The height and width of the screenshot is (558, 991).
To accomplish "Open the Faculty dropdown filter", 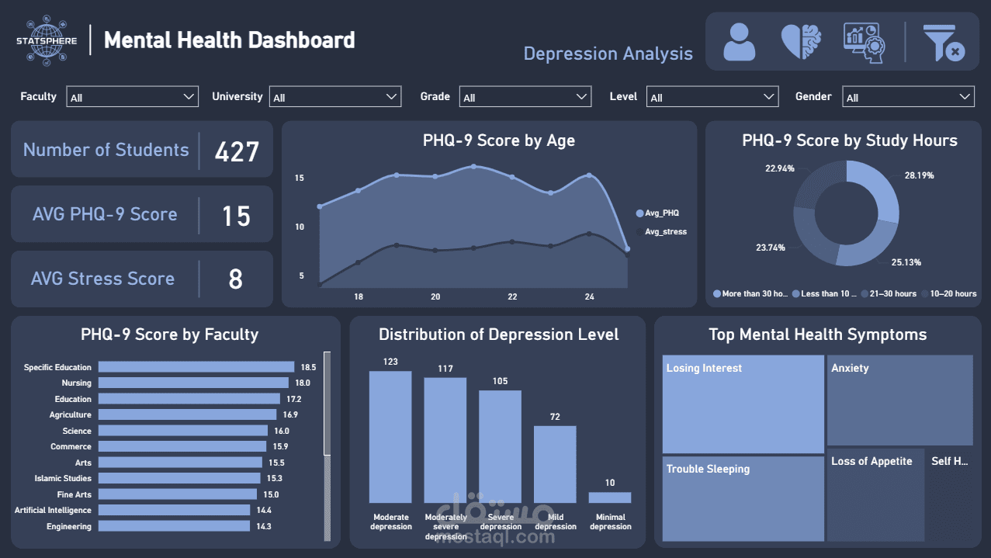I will click(x=132, y=97).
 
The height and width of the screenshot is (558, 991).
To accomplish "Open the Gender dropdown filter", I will click(x=908, y=97).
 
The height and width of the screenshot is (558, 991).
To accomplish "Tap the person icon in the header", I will click(x=739, y=42).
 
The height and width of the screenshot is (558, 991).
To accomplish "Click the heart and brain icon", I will click(x=801, y=42).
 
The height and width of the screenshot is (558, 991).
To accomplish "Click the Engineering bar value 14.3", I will click(x=264, y=526).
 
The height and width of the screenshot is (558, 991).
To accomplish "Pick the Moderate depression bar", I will click(x=390, y=437).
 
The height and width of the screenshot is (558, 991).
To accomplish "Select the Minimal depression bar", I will click(x=610, y=497).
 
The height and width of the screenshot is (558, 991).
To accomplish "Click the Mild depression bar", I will click(x=555, y=464).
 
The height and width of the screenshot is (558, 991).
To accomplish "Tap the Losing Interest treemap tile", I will click(x=743, y=404).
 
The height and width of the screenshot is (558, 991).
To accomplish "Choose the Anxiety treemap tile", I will click(x=899, y=400).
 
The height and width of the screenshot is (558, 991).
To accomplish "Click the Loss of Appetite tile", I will click(x=875, y=494).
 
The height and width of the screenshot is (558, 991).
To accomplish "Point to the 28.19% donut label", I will click(x=919, y=175).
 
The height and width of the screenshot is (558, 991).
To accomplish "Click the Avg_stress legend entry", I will click(x=665, y=231).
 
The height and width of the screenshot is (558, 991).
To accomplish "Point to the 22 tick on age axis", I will click(x=512, y=297).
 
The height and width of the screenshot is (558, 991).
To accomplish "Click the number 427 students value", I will click(x=237, y=151).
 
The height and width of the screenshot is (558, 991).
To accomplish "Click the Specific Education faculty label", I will click(x=57, y=367).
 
